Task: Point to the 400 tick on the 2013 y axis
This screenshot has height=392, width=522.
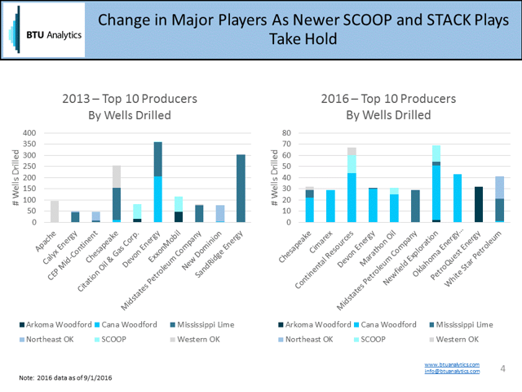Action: point(31,133)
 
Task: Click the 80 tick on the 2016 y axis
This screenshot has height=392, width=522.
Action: point(286,133)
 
